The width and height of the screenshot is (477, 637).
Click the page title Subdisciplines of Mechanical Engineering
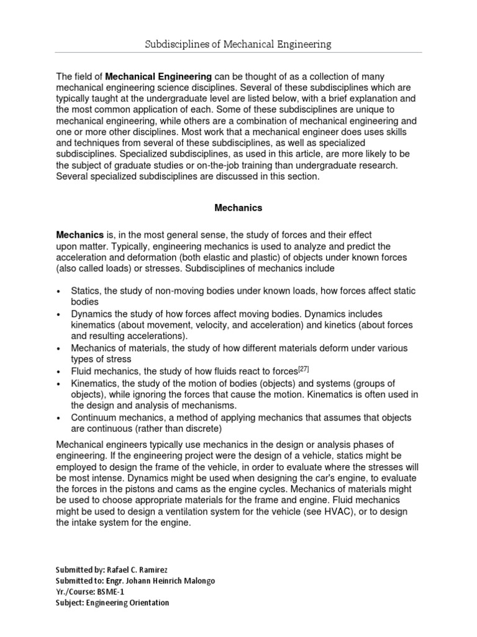tap(238, 44)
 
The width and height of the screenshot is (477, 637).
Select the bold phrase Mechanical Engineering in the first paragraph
tap(159, 75)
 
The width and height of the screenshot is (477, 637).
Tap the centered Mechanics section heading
tap(238, 208)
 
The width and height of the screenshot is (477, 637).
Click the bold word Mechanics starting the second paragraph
tap(79, 235)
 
